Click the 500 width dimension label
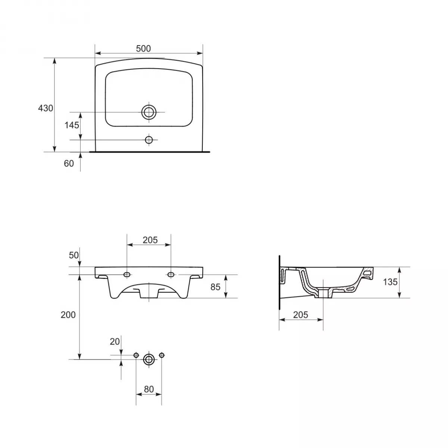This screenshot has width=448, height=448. (143, 49)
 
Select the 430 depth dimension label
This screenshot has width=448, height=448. (46, 108)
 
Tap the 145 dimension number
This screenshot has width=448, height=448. (72, 125)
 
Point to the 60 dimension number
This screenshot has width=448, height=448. (69, 163)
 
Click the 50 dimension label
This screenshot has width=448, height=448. (74, 255)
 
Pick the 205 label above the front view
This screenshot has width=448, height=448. (150, 240)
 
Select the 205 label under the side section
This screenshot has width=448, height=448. (301, 315)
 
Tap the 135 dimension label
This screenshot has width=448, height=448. (390, 282)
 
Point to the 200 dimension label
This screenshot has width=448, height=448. (68, 315)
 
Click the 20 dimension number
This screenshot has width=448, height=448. (115, 341)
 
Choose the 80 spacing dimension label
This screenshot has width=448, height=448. (149, 389)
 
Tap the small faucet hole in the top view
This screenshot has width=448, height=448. (149, 140)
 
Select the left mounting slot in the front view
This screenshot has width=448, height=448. (127, 275)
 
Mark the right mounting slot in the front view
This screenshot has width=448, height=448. (171, 275)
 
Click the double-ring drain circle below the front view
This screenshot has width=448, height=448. (149, 360)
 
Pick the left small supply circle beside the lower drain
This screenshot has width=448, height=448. (136, 355)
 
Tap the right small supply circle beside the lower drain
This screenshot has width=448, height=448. (162, 355)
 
